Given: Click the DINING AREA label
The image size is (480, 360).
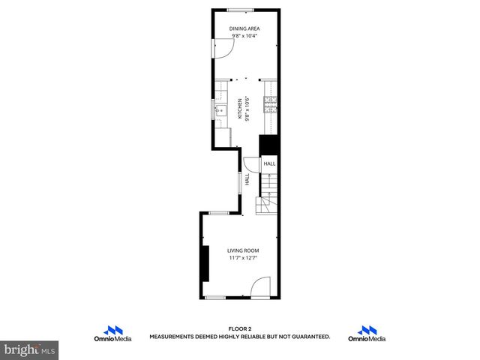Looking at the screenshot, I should click(244, 28).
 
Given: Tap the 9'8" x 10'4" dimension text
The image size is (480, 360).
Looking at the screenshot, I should click(244, 35).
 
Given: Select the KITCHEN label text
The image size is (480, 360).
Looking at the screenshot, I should click(240, 109).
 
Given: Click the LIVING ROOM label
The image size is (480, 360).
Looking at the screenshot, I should click(244, 250).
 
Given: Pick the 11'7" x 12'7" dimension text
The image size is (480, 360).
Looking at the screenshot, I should click(244, 258).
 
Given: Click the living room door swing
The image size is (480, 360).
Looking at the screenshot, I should click(260, 287).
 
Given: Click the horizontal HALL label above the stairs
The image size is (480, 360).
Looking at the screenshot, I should click(269, 163).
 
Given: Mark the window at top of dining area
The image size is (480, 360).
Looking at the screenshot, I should click(240, 9).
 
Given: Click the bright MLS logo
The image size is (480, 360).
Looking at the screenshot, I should click(30, 349).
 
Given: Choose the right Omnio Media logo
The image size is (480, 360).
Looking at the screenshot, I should click(367, 334).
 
